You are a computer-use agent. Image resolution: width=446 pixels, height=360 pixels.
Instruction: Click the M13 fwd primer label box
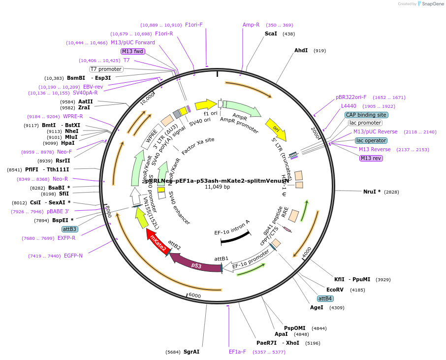(133, 51)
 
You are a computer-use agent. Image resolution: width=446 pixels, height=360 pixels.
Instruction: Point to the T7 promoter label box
(106, 69)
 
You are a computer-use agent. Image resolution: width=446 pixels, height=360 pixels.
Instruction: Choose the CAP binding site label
(366, 115)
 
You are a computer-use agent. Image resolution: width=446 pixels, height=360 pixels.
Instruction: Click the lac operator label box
(371, 140)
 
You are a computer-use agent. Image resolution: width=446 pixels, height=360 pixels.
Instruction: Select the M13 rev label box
(371, 158)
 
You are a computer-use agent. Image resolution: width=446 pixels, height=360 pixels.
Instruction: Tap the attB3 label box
(69, 229)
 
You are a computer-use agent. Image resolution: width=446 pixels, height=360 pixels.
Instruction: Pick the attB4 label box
(325, 298)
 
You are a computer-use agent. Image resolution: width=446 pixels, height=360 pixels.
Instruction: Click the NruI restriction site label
(372, 191)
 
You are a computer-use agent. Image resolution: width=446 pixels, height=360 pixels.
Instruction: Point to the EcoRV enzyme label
(335, 290)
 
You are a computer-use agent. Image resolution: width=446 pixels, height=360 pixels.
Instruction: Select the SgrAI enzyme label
(191, 352)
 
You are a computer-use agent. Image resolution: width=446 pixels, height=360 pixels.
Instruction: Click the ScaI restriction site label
(271, 33)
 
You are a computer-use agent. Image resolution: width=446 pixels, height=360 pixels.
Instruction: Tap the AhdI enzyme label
(301, 50)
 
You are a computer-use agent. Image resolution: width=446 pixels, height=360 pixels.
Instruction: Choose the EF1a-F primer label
(237, 352)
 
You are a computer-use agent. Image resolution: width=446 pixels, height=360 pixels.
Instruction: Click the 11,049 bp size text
(217, 187)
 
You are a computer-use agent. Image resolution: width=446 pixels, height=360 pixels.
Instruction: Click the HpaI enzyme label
(67, 143)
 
